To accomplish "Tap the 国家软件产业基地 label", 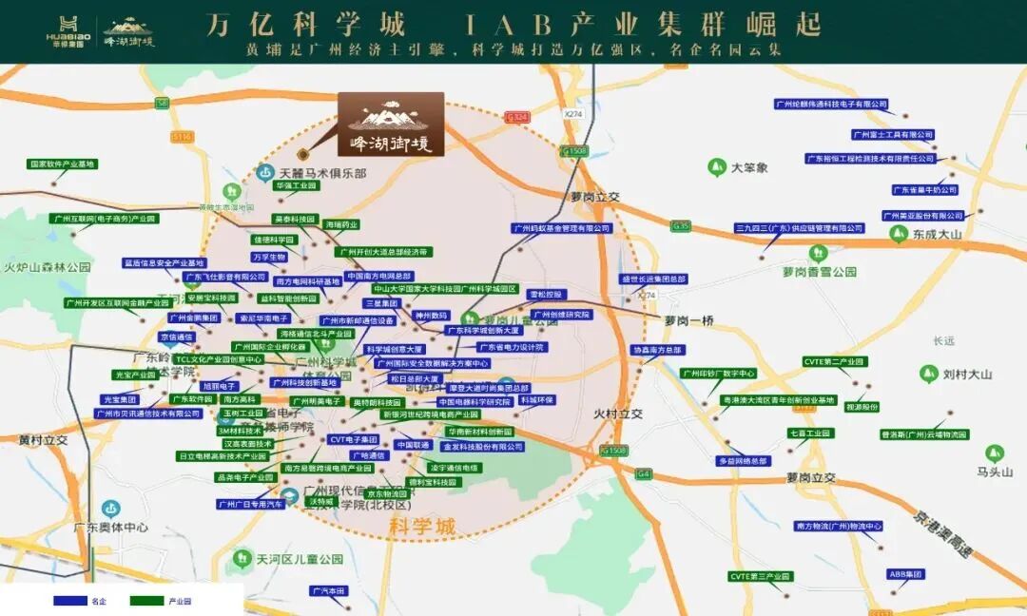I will (x=63, y=164).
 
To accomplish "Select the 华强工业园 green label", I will (x=295, y=186).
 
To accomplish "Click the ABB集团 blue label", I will (x=905, y=574).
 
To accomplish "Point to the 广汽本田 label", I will (x=329, y=590).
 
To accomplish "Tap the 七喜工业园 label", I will (x=809, y=433).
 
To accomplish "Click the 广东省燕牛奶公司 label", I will (x=924, y=190).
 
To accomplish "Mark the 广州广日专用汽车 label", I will (x=251, y=504).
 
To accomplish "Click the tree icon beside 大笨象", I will (x=716, y=168).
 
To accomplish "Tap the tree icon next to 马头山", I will (x=995, y=453).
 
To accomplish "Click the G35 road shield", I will (x=680, y=226).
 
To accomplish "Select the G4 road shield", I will (x=645, y=473).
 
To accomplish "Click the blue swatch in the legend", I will (x=69, y=601).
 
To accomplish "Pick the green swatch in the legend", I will (x=146, y=601).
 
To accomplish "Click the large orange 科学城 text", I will (x=423, y=526).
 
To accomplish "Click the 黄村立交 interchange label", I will (x=44, y=440).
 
